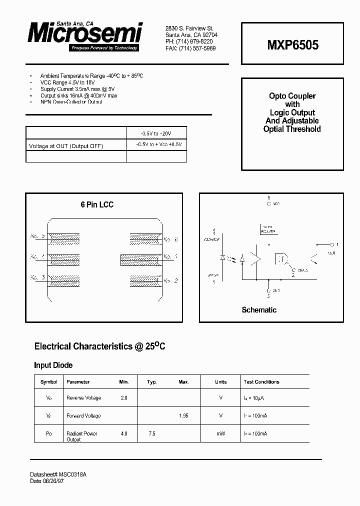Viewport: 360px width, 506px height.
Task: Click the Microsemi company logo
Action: (x=85, y=35)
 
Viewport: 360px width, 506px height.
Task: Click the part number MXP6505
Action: (x=292, y=44)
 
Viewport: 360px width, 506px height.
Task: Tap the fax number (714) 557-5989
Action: (x=190, y=49)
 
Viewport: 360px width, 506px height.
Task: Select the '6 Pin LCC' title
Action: (x=97, y=204)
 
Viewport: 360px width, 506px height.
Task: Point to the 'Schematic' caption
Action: (x=259, y=310)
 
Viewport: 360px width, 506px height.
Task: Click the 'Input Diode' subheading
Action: (x=53, y=365)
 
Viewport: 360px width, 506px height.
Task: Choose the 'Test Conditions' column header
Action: (x=261, y=382)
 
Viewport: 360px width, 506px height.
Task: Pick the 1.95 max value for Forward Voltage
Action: (x=183, y=415)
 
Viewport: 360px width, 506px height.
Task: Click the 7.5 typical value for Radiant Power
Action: (x=152, y=433)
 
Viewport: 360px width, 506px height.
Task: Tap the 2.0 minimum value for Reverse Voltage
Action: (x=124, y=398)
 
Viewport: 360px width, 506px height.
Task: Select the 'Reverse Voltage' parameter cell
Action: (x=83, y=398)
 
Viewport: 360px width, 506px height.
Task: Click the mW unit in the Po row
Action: (x=220, y=433)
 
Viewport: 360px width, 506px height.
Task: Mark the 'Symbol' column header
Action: (x=49, y=382)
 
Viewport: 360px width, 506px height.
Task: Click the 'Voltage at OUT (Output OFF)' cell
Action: (x=66, y=145)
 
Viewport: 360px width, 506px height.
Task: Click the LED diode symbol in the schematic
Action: (x=222, y=258)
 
